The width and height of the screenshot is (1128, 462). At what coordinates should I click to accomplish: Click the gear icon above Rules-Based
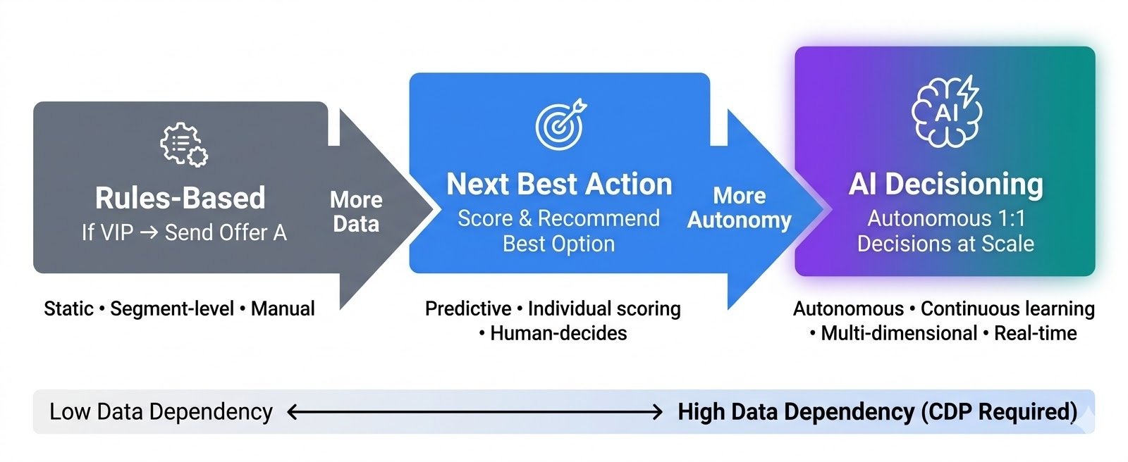(183, 145)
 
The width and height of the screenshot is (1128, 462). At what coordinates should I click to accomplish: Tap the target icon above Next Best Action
(560, 125)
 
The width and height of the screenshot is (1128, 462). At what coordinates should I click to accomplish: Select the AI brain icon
(945, 111)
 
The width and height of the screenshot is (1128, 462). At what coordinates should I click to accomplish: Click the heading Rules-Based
(180, 198)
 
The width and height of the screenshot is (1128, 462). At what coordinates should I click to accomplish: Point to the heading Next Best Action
(559, 184)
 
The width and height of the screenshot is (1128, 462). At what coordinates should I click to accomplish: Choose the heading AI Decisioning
(945, 184)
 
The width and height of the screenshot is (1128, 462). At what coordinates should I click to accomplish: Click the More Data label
(356, 211)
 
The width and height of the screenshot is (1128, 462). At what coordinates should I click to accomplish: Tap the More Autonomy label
(739, 208)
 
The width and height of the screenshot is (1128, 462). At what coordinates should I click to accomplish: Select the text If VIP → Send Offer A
(184, 232)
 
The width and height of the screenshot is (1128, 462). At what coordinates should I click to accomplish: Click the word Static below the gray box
(68, 308)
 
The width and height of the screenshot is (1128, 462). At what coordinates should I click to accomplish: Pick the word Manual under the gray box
(283, 308)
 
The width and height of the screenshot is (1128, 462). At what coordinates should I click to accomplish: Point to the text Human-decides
(558, 333)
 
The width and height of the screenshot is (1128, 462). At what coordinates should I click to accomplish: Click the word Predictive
(468, 308)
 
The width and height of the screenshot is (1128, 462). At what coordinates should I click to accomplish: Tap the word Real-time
(1035, 333)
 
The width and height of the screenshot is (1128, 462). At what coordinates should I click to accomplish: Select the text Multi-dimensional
(899, 333)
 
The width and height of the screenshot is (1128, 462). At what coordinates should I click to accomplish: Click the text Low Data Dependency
(161, 411)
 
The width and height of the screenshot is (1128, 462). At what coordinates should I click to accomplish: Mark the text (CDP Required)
(999, 411)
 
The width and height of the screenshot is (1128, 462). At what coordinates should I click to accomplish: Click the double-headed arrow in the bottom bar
(474, 412)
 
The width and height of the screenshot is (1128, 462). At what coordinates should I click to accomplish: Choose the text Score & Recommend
(558, 218)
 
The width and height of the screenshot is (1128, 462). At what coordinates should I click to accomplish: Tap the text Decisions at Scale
(945, 244)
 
